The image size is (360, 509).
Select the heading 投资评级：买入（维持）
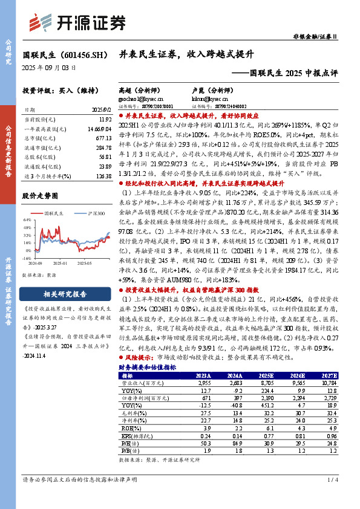point(59,91)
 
